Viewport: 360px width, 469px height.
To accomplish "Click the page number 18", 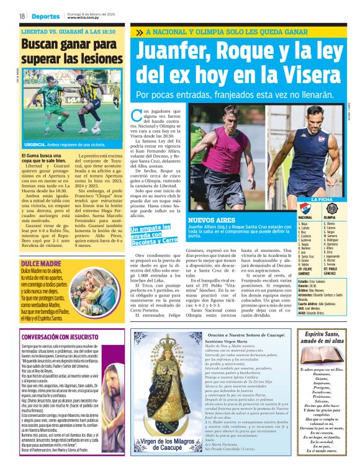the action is tap(22, 16).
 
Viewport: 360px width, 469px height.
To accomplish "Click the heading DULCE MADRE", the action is tap(37, 246).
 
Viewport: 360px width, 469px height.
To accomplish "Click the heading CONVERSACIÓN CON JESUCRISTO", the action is tap(66, 337).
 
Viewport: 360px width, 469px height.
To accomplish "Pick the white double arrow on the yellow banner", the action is tap(138, 32).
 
